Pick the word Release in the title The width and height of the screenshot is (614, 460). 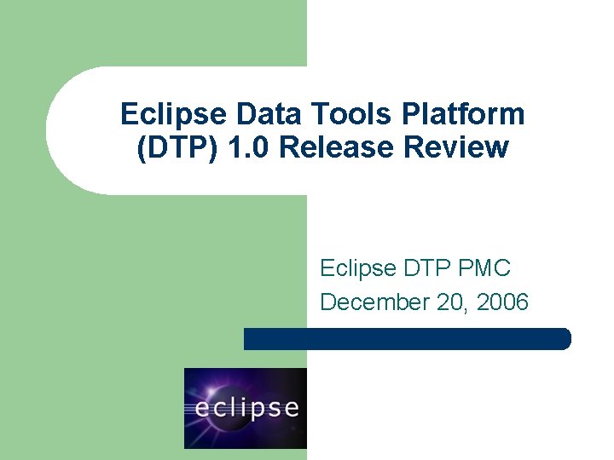tap(332, 148)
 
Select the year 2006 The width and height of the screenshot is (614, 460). tap(503, 302)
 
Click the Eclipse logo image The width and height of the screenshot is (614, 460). tap(246, 408)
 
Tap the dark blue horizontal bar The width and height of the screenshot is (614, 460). tap(407, 339)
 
